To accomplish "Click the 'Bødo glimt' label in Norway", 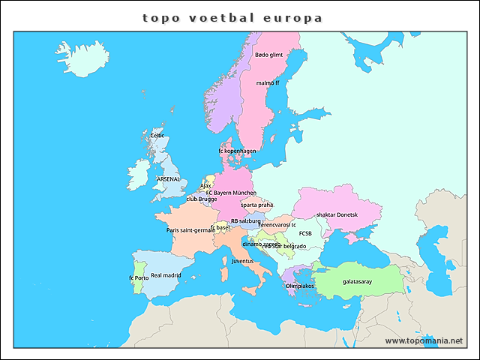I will point(268,55).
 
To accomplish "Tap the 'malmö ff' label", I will point(268,83).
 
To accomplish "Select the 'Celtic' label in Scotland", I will point(157,136).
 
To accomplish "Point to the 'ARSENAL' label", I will point(169,179).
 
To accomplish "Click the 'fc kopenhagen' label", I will point(238,151).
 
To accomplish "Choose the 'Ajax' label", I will point(205,185).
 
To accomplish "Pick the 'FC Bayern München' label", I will point(231,193).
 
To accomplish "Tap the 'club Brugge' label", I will point(201,199).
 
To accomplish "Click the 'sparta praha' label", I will point(256,205).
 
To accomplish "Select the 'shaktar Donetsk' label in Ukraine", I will point(337,214).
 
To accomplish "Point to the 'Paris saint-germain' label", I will point(190,230).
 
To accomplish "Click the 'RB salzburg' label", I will point(245,221).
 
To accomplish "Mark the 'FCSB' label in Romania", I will point(305,233).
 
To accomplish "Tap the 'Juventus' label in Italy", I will point(242,261).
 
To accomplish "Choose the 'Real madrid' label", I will point(166,275).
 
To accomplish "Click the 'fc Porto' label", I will point(139,278).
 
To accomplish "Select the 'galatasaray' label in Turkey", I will point(357,283).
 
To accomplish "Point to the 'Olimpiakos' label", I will point(300,286).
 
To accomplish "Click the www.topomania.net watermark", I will point(424,340).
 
